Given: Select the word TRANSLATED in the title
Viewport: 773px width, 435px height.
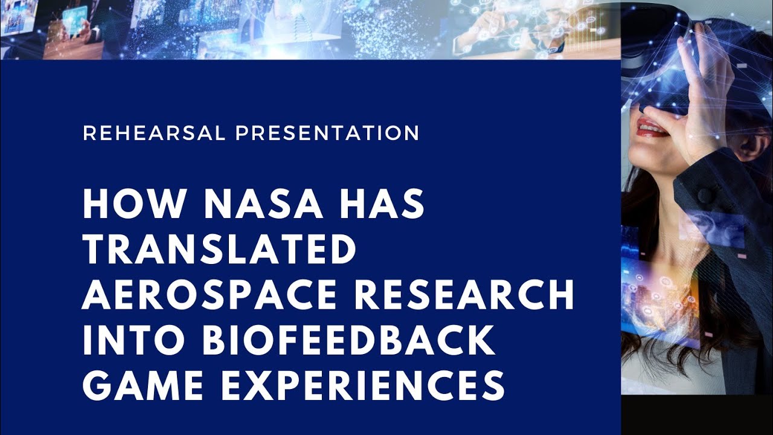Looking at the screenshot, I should [x=219, y=251].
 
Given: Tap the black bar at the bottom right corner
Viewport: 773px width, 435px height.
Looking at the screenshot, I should [x=697, y=417].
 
